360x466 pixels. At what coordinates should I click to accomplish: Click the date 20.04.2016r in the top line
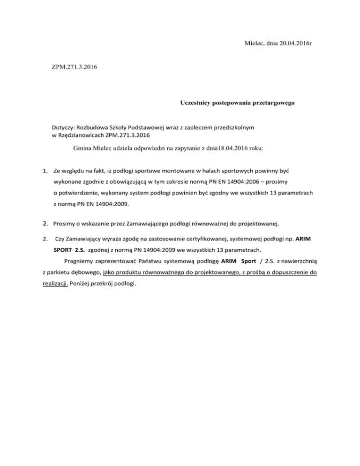pos(290,44)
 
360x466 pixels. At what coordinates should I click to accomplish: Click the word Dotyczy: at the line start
pos(64,128)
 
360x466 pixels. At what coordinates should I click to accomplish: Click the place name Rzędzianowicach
pos(82,135)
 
